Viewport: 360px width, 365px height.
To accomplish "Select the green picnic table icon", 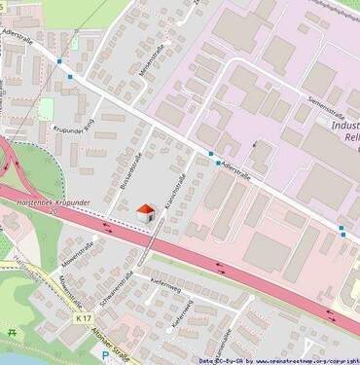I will (x=12, y=333).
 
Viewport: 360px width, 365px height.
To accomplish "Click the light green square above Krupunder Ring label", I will (x=46, y=109).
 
